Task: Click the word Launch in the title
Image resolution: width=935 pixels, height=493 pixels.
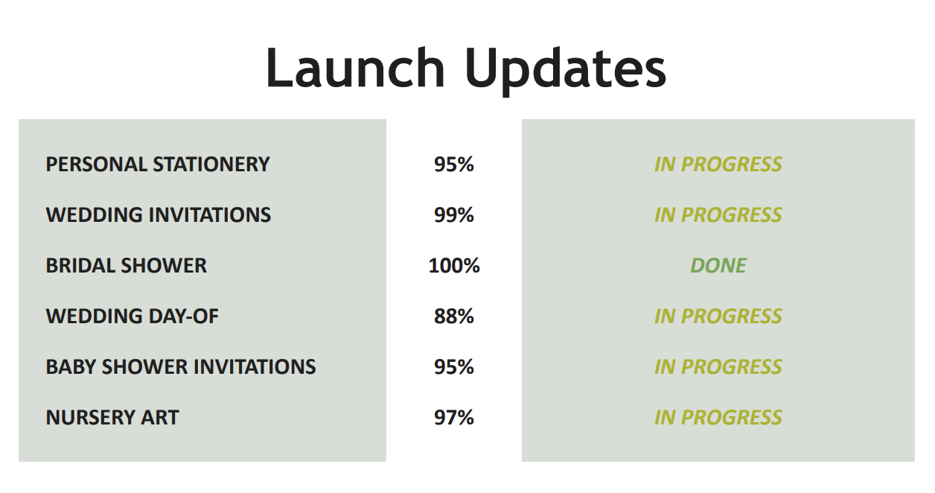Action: coord(355,68)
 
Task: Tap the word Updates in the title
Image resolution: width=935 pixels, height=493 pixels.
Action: coord(566,71)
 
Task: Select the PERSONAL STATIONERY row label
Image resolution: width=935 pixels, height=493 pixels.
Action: coord(158,164)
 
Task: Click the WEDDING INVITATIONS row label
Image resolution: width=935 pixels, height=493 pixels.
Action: coord(159,215)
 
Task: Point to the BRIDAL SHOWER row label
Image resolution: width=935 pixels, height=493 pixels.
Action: coord(126,266)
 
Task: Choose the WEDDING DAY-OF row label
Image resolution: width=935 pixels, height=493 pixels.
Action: coord(132,316)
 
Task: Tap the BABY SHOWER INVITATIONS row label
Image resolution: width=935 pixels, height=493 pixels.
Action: coord(181,367)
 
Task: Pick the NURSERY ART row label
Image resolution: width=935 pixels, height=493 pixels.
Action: coord(112,418)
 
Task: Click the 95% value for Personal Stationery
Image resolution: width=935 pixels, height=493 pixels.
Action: coord(453,164)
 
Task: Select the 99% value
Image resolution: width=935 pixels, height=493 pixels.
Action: coord(453,215)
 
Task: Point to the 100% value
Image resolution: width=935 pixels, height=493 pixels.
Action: coord(454,266)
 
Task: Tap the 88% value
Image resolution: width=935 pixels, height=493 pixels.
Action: coord(453,316)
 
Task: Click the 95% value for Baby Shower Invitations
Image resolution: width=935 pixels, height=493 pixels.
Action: coord(453,367)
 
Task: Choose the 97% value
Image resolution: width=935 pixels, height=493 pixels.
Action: coord(453,418)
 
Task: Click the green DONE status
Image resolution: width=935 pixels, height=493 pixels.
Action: coord(718,266)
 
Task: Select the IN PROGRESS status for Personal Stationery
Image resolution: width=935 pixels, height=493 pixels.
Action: coord(718,164)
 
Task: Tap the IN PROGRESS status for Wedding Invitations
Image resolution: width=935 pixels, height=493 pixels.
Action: coord(718,215)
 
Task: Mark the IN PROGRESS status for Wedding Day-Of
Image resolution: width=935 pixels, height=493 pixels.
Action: coord(718,316)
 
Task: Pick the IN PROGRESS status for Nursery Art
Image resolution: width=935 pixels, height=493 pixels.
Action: coord(718,418)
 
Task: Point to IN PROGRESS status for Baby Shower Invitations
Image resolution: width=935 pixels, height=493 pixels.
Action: coord(718,367)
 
